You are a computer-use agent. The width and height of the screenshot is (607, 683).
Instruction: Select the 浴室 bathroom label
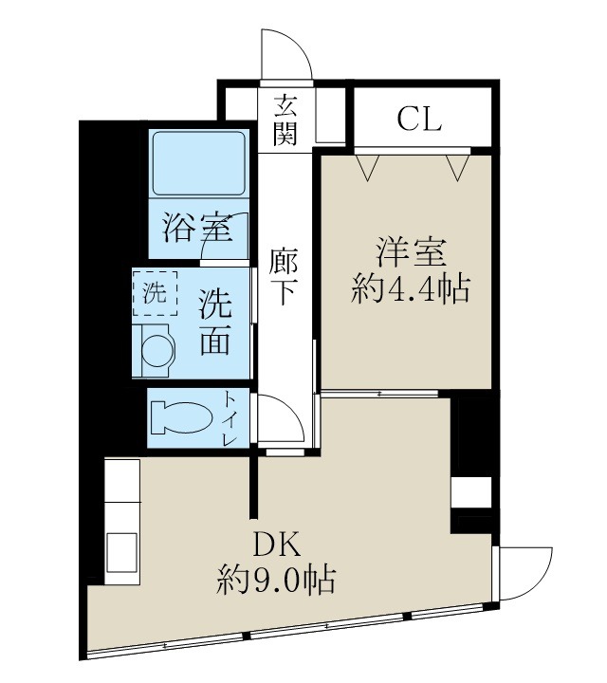(x=196, y=228)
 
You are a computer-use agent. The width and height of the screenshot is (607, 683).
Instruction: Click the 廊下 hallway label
(x=285, y=276)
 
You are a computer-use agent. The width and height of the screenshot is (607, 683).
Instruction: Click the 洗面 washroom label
(x=214, y=322)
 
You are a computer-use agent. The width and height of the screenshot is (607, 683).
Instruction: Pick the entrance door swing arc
(x=286, y=56)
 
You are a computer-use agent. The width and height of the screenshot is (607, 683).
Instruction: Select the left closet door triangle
(x=367, y=167)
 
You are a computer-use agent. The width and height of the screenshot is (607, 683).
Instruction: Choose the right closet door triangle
(x=459, y=167)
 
